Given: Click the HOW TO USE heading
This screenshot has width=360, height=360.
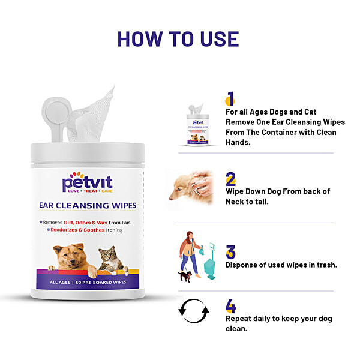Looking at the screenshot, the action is tap(178, 39).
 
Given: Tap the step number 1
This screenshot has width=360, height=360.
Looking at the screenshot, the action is tap(230, 98).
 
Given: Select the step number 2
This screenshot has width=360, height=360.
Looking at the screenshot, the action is tap(231, 179).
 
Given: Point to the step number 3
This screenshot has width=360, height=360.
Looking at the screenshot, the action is tap(231, 252).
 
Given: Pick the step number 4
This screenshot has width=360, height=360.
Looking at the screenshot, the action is tap(231, 306).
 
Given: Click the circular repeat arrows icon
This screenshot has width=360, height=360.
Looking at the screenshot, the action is tap(194, 311).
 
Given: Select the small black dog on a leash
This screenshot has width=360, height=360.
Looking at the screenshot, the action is tap(185, 277).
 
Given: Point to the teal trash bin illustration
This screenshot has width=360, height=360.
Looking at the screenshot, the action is tap(210, 261).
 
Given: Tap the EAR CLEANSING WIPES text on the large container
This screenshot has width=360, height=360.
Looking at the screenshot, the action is tap(88, 205).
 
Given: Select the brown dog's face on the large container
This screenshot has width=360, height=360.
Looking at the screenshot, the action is tap(70, 257).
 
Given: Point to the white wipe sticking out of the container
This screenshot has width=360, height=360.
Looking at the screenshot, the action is tap(91, 115).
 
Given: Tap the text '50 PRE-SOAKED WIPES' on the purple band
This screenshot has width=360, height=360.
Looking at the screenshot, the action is tap(101, 282).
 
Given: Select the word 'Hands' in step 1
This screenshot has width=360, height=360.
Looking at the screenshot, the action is tap(237, 142).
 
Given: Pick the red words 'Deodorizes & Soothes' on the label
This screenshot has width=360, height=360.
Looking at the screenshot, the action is tap(77, 230).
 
